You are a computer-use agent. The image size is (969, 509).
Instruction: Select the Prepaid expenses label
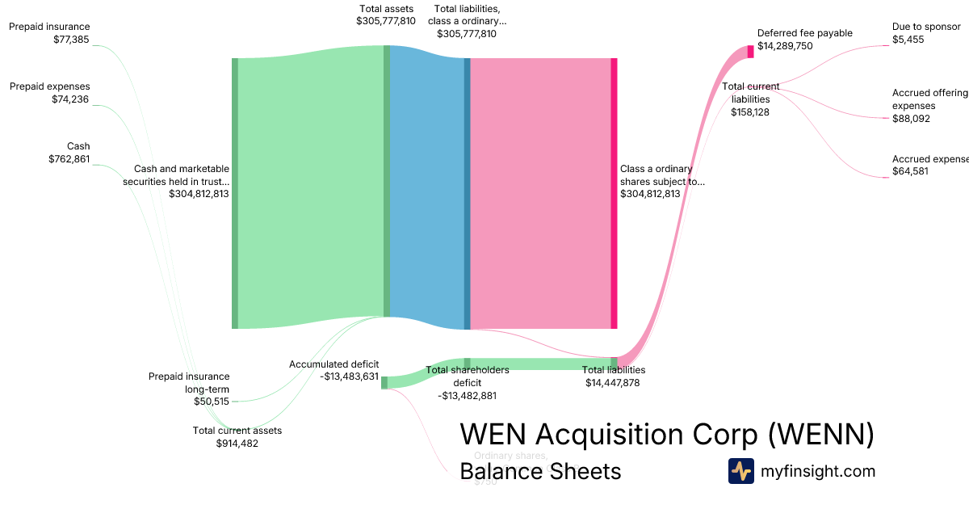(x=50, y=86)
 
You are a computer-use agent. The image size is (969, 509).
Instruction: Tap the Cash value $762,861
(x=69, y=159)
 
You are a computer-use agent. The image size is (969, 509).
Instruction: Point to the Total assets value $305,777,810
(x=386, y=21)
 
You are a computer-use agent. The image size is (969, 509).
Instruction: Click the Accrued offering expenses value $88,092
(x=911, y=119)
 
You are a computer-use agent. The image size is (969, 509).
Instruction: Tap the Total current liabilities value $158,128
(x=750, y=112)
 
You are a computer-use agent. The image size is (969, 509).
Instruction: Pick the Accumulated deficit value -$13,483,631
(x=349, y=376)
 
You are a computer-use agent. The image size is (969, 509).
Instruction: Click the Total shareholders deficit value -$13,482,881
(x=467, y=396)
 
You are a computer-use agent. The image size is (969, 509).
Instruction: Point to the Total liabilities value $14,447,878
(x=613, y=383)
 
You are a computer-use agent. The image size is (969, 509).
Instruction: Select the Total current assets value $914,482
(x=237, y=443)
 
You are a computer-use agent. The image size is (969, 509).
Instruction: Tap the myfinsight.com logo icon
(x=740, y=471)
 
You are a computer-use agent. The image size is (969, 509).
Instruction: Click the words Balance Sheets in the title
(x=540, y=472)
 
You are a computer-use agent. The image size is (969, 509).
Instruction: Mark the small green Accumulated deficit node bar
(x=384, y=382)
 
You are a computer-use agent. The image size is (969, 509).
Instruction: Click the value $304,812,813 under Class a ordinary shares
(x=650, y=194)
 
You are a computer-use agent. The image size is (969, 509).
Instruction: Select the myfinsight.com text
(x=818, y=471)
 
